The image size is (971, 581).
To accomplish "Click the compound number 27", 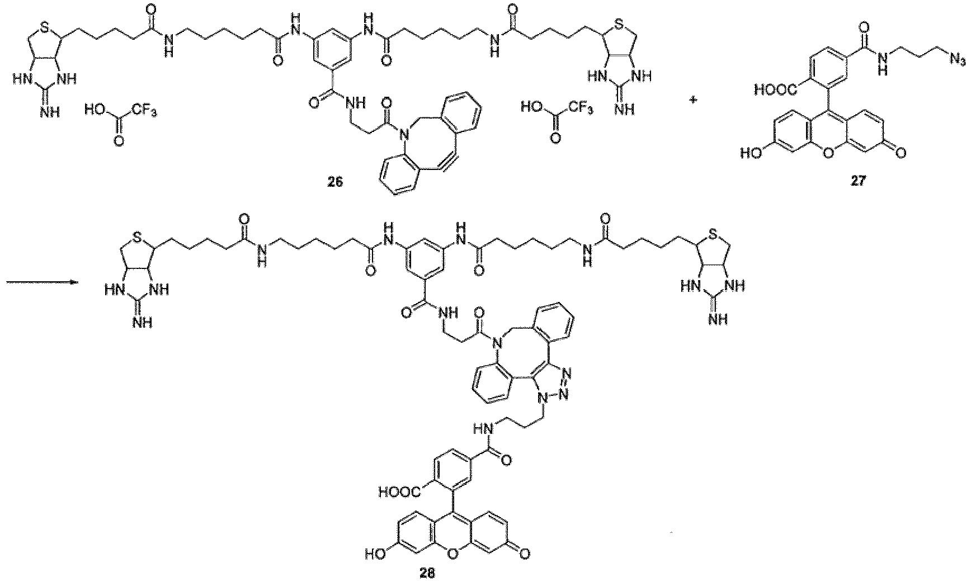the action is click(x=857, y=182).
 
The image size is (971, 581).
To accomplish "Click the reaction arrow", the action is click(x=41, y=282).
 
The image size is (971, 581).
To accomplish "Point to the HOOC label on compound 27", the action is click(x=773, y=89).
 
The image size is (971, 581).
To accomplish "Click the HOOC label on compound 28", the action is click(x=398, y=492).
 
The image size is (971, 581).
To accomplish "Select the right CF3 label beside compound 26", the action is click(x=580, y=105).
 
